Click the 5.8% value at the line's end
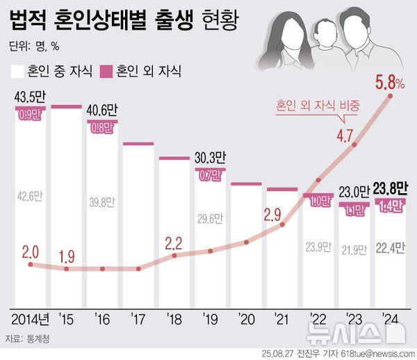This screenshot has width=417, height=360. tap(390, 84)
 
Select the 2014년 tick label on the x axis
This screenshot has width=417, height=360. tap(31, 320)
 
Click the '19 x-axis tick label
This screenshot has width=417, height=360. tap(211, 320)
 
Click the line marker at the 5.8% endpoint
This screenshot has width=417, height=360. tap(391, 97)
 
